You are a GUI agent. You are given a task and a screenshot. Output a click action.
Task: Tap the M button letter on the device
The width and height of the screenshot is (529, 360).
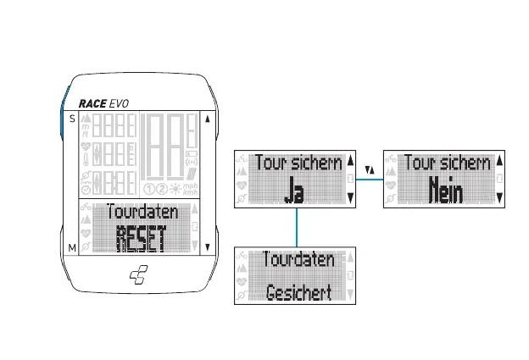click(71, 247)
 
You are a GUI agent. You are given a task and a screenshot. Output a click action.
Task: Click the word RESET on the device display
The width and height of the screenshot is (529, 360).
click(138, 237)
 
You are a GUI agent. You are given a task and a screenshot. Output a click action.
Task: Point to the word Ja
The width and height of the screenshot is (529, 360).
click(294, 192)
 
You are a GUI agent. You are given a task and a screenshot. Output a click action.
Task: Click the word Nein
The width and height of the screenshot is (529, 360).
click(444, 191)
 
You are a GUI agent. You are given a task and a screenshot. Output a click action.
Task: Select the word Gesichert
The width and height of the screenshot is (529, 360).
click(298, 293)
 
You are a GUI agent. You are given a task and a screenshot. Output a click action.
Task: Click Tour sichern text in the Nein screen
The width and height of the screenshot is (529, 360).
click(447, 162)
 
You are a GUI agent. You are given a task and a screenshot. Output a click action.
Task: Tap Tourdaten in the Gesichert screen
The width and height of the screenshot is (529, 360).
click(298, 259)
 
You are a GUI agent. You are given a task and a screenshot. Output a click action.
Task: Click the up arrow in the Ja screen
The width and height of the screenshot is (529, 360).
click(350, 160)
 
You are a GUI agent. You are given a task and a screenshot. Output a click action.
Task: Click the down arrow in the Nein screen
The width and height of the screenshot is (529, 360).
click(499, 197)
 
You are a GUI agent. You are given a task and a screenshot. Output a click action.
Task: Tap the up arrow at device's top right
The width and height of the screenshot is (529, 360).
click(208, 119)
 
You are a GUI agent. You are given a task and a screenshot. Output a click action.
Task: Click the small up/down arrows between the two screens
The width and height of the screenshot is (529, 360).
click(370, 170)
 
